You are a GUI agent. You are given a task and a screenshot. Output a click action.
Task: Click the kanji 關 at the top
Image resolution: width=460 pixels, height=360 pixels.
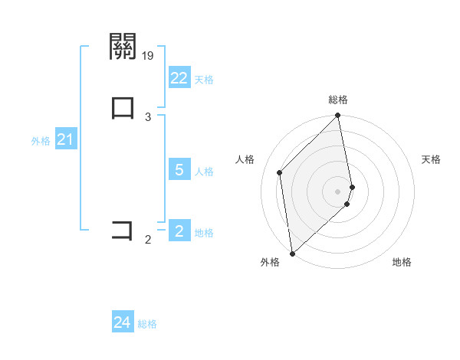tap(123, 47)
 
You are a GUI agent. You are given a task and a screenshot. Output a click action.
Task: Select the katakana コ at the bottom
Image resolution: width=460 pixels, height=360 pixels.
tap(123, 230)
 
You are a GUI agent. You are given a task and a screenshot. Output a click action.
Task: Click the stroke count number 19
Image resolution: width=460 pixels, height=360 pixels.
tap(149, 55)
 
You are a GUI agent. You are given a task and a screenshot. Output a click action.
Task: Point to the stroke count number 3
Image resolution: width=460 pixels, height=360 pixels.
tap(148, 116)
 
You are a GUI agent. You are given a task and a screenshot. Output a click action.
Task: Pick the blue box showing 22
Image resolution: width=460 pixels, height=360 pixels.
tap(179, 78)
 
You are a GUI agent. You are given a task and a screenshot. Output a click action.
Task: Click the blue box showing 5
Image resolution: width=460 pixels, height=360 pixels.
tap(179, 170)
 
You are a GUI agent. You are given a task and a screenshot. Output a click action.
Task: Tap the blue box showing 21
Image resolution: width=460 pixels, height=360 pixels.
tap(65, 140)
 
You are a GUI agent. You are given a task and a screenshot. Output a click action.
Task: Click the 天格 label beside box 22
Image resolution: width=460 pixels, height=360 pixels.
tap(204, 80)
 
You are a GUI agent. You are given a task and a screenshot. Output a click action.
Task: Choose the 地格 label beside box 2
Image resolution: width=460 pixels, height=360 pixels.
tap(204, 233)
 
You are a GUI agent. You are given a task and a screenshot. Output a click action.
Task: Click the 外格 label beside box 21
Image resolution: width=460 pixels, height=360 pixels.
tap(41, 141)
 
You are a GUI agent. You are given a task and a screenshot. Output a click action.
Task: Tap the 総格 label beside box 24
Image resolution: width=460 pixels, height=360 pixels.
tap(147, 324)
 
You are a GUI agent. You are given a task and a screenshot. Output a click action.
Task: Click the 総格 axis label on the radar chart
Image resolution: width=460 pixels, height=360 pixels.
tap(338, 100)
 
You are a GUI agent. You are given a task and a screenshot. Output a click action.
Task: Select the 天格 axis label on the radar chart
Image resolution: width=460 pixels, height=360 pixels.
tap(431, 159)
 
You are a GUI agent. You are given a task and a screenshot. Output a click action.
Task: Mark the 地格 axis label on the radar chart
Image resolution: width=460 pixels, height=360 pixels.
tap(402, 263)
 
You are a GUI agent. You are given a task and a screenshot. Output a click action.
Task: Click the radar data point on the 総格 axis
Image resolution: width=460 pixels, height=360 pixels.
tap(338, 116)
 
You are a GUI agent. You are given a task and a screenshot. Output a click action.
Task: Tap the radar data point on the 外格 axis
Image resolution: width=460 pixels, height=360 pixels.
tap(292, 253)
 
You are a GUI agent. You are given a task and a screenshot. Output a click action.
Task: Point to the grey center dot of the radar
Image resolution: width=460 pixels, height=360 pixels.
tap(338, 190)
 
